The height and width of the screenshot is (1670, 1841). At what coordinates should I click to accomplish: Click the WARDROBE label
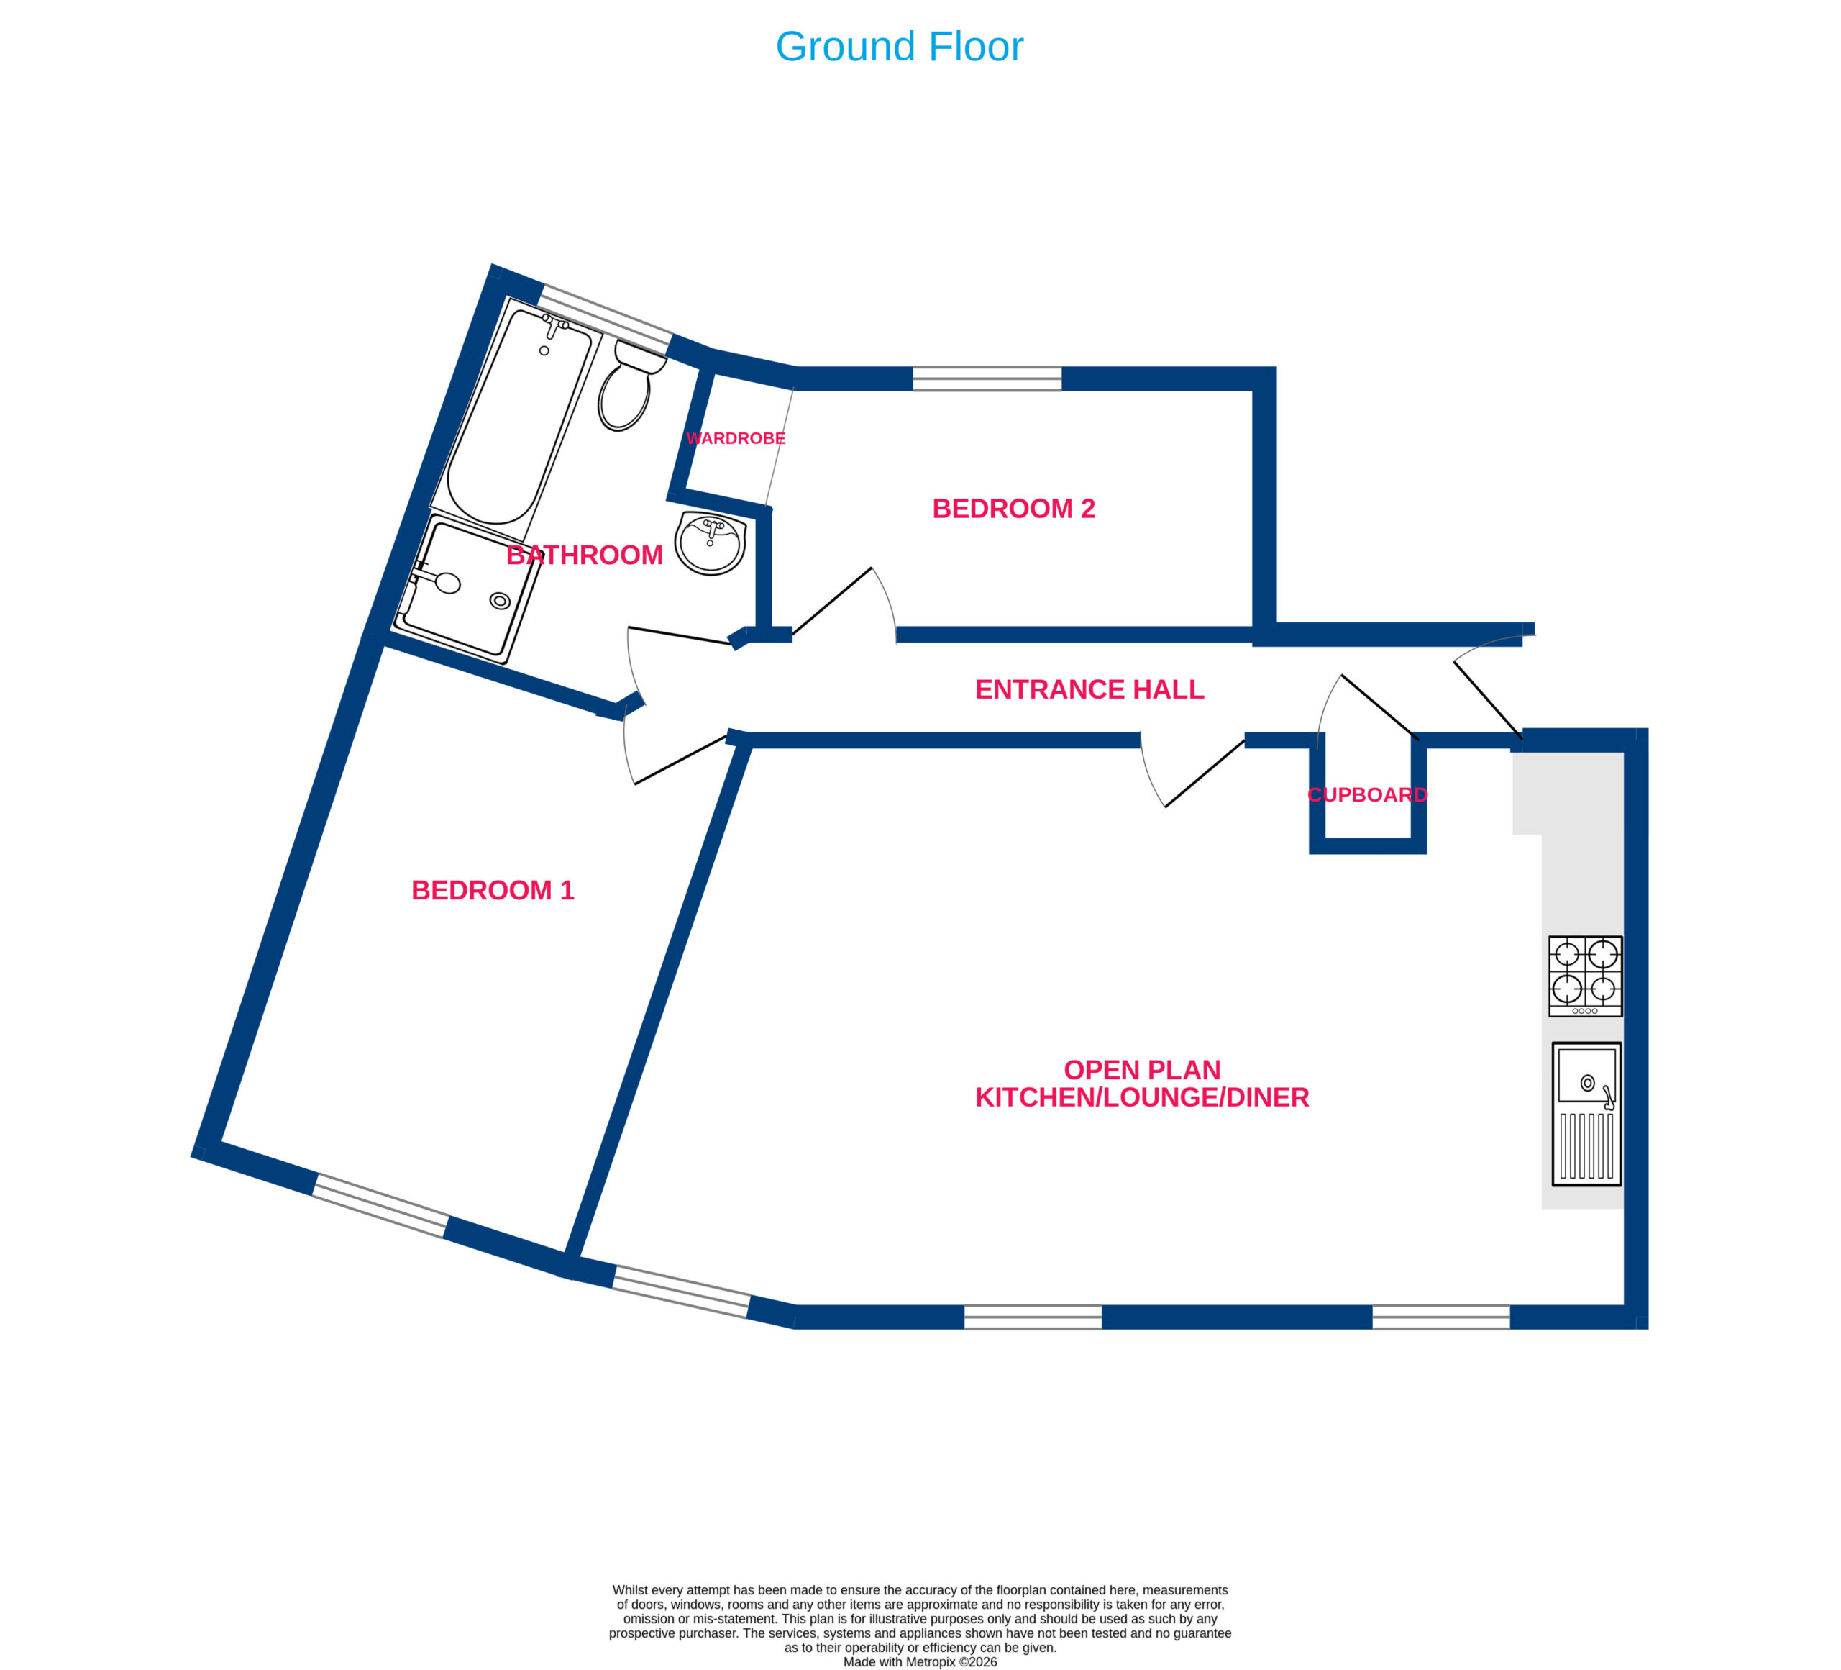click(735, 438)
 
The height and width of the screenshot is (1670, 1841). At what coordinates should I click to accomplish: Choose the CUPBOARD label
click(1367, 795)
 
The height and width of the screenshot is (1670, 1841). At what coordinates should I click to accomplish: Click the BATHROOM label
click(585, 555)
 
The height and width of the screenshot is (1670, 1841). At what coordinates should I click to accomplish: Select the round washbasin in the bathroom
click(711, 543)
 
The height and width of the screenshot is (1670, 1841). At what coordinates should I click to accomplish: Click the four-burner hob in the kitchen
click(1585, 976)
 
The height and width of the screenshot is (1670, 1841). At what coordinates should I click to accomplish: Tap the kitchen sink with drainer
click(1586, 1115)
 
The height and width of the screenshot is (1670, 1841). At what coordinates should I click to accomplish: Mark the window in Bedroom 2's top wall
click(987, 378)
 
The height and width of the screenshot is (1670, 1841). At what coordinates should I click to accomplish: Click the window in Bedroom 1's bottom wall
click(381, 1206)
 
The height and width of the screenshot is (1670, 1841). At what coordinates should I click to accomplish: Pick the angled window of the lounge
click(681, 1292)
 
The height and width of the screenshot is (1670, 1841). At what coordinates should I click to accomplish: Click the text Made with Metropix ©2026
click(920, 1662)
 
